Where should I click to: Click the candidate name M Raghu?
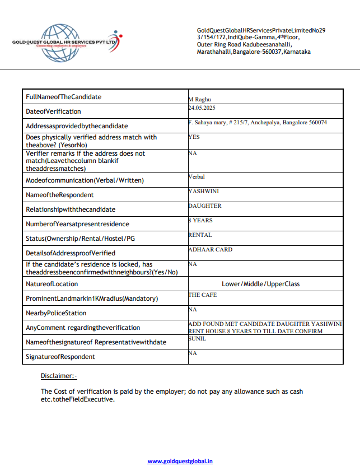point(199,99)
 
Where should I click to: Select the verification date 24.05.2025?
point(202,107)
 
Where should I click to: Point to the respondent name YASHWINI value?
point(204,191)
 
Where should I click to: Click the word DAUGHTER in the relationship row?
point(205,206)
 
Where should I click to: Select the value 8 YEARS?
point(201,220)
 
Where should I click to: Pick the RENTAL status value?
point(200,235)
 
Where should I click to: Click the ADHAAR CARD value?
point(211,249)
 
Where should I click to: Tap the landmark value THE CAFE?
point(203,295)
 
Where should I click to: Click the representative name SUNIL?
point(198,338)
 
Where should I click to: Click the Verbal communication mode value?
point(197,176)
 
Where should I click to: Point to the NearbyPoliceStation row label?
point(56,313)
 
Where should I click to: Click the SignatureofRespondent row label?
point(60,357)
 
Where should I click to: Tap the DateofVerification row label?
point(53,111)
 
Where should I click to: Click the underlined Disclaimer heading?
point(59,376)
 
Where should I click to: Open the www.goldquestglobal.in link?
point(180,461)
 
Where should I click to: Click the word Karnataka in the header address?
point(297,52)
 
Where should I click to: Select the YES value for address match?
point(194,137)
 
